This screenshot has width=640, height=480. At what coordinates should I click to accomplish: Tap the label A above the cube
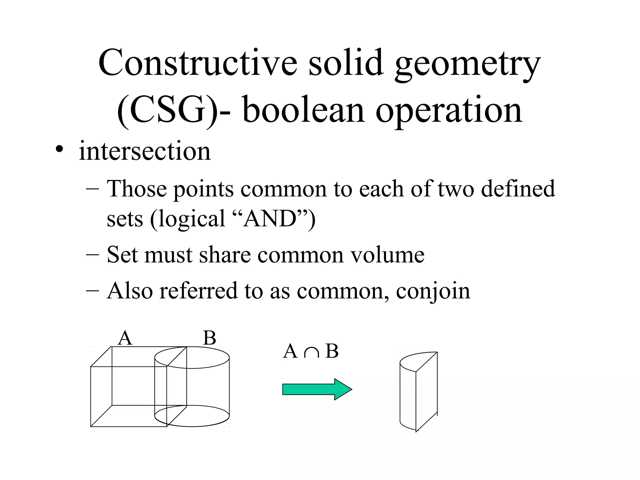125,338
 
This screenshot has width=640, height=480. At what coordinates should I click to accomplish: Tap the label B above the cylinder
209,338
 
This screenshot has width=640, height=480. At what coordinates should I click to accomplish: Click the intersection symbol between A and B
311,352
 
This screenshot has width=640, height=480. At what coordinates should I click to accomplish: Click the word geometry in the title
467,64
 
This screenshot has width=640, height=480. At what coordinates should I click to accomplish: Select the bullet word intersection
145,151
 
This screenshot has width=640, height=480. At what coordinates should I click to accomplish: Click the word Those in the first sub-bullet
137,189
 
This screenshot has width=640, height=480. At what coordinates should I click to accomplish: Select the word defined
518,189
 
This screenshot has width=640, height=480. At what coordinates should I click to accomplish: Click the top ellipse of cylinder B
192,357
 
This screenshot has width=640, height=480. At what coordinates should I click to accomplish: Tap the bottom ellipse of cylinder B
192,416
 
